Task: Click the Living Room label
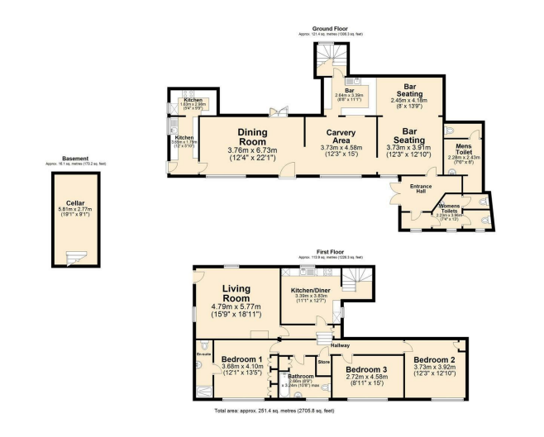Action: pos(236,293)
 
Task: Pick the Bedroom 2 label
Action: pos(435,361)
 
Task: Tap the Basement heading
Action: pos(75,159)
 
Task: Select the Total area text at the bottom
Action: pos(274,410)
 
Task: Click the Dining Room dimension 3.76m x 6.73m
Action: pos(256,150)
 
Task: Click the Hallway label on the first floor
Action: pos(341,344)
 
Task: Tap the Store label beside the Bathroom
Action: pos(325,361)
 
